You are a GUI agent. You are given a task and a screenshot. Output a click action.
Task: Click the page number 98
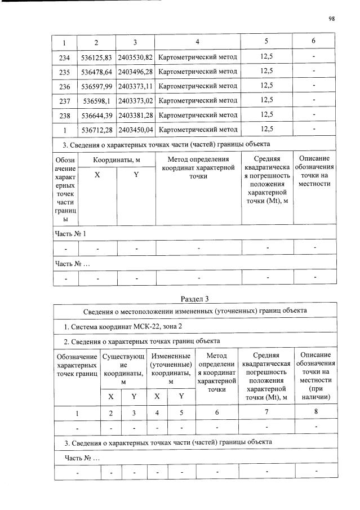coord(331,19)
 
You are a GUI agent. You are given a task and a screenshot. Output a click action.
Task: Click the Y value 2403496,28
coord(136,72)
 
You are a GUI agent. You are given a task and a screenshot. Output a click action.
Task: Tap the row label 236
coord(64,86)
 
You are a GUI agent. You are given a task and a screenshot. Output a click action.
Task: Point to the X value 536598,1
coord(96,100)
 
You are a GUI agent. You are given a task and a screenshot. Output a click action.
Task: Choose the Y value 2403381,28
coord(136,115)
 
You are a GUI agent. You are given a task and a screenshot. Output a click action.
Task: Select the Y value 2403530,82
coord(136,57)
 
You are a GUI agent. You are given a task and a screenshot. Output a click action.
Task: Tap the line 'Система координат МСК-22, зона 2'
coord(119,326)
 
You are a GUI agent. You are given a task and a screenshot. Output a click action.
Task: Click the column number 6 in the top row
coord(314,42)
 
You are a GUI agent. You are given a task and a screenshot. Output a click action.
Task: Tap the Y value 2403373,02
coord(136,100)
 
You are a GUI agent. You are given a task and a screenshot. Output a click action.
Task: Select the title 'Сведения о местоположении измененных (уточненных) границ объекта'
coord(194,311)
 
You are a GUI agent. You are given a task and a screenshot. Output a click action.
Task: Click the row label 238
coord(64,115)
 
